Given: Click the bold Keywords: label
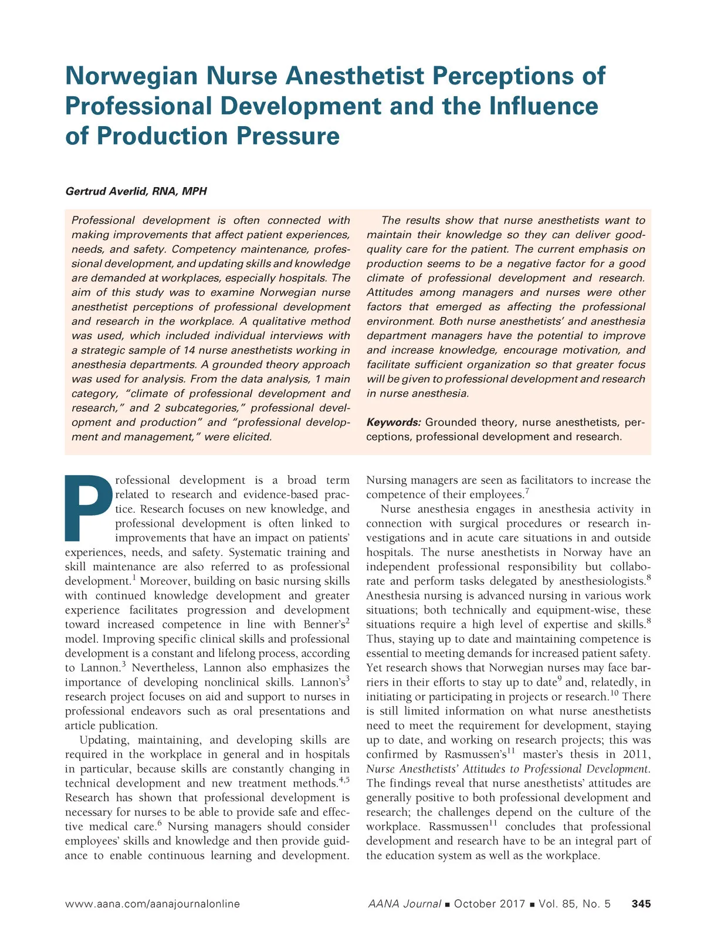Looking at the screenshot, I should click(x=394, y=422).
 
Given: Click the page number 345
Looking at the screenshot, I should click(x=641, y=904).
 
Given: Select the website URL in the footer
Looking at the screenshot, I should click(x=153, y=904).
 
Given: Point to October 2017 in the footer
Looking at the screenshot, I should click(x=489, y=904).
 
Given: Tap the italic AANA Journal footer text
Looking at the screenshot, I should click(x=404, y=904).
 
